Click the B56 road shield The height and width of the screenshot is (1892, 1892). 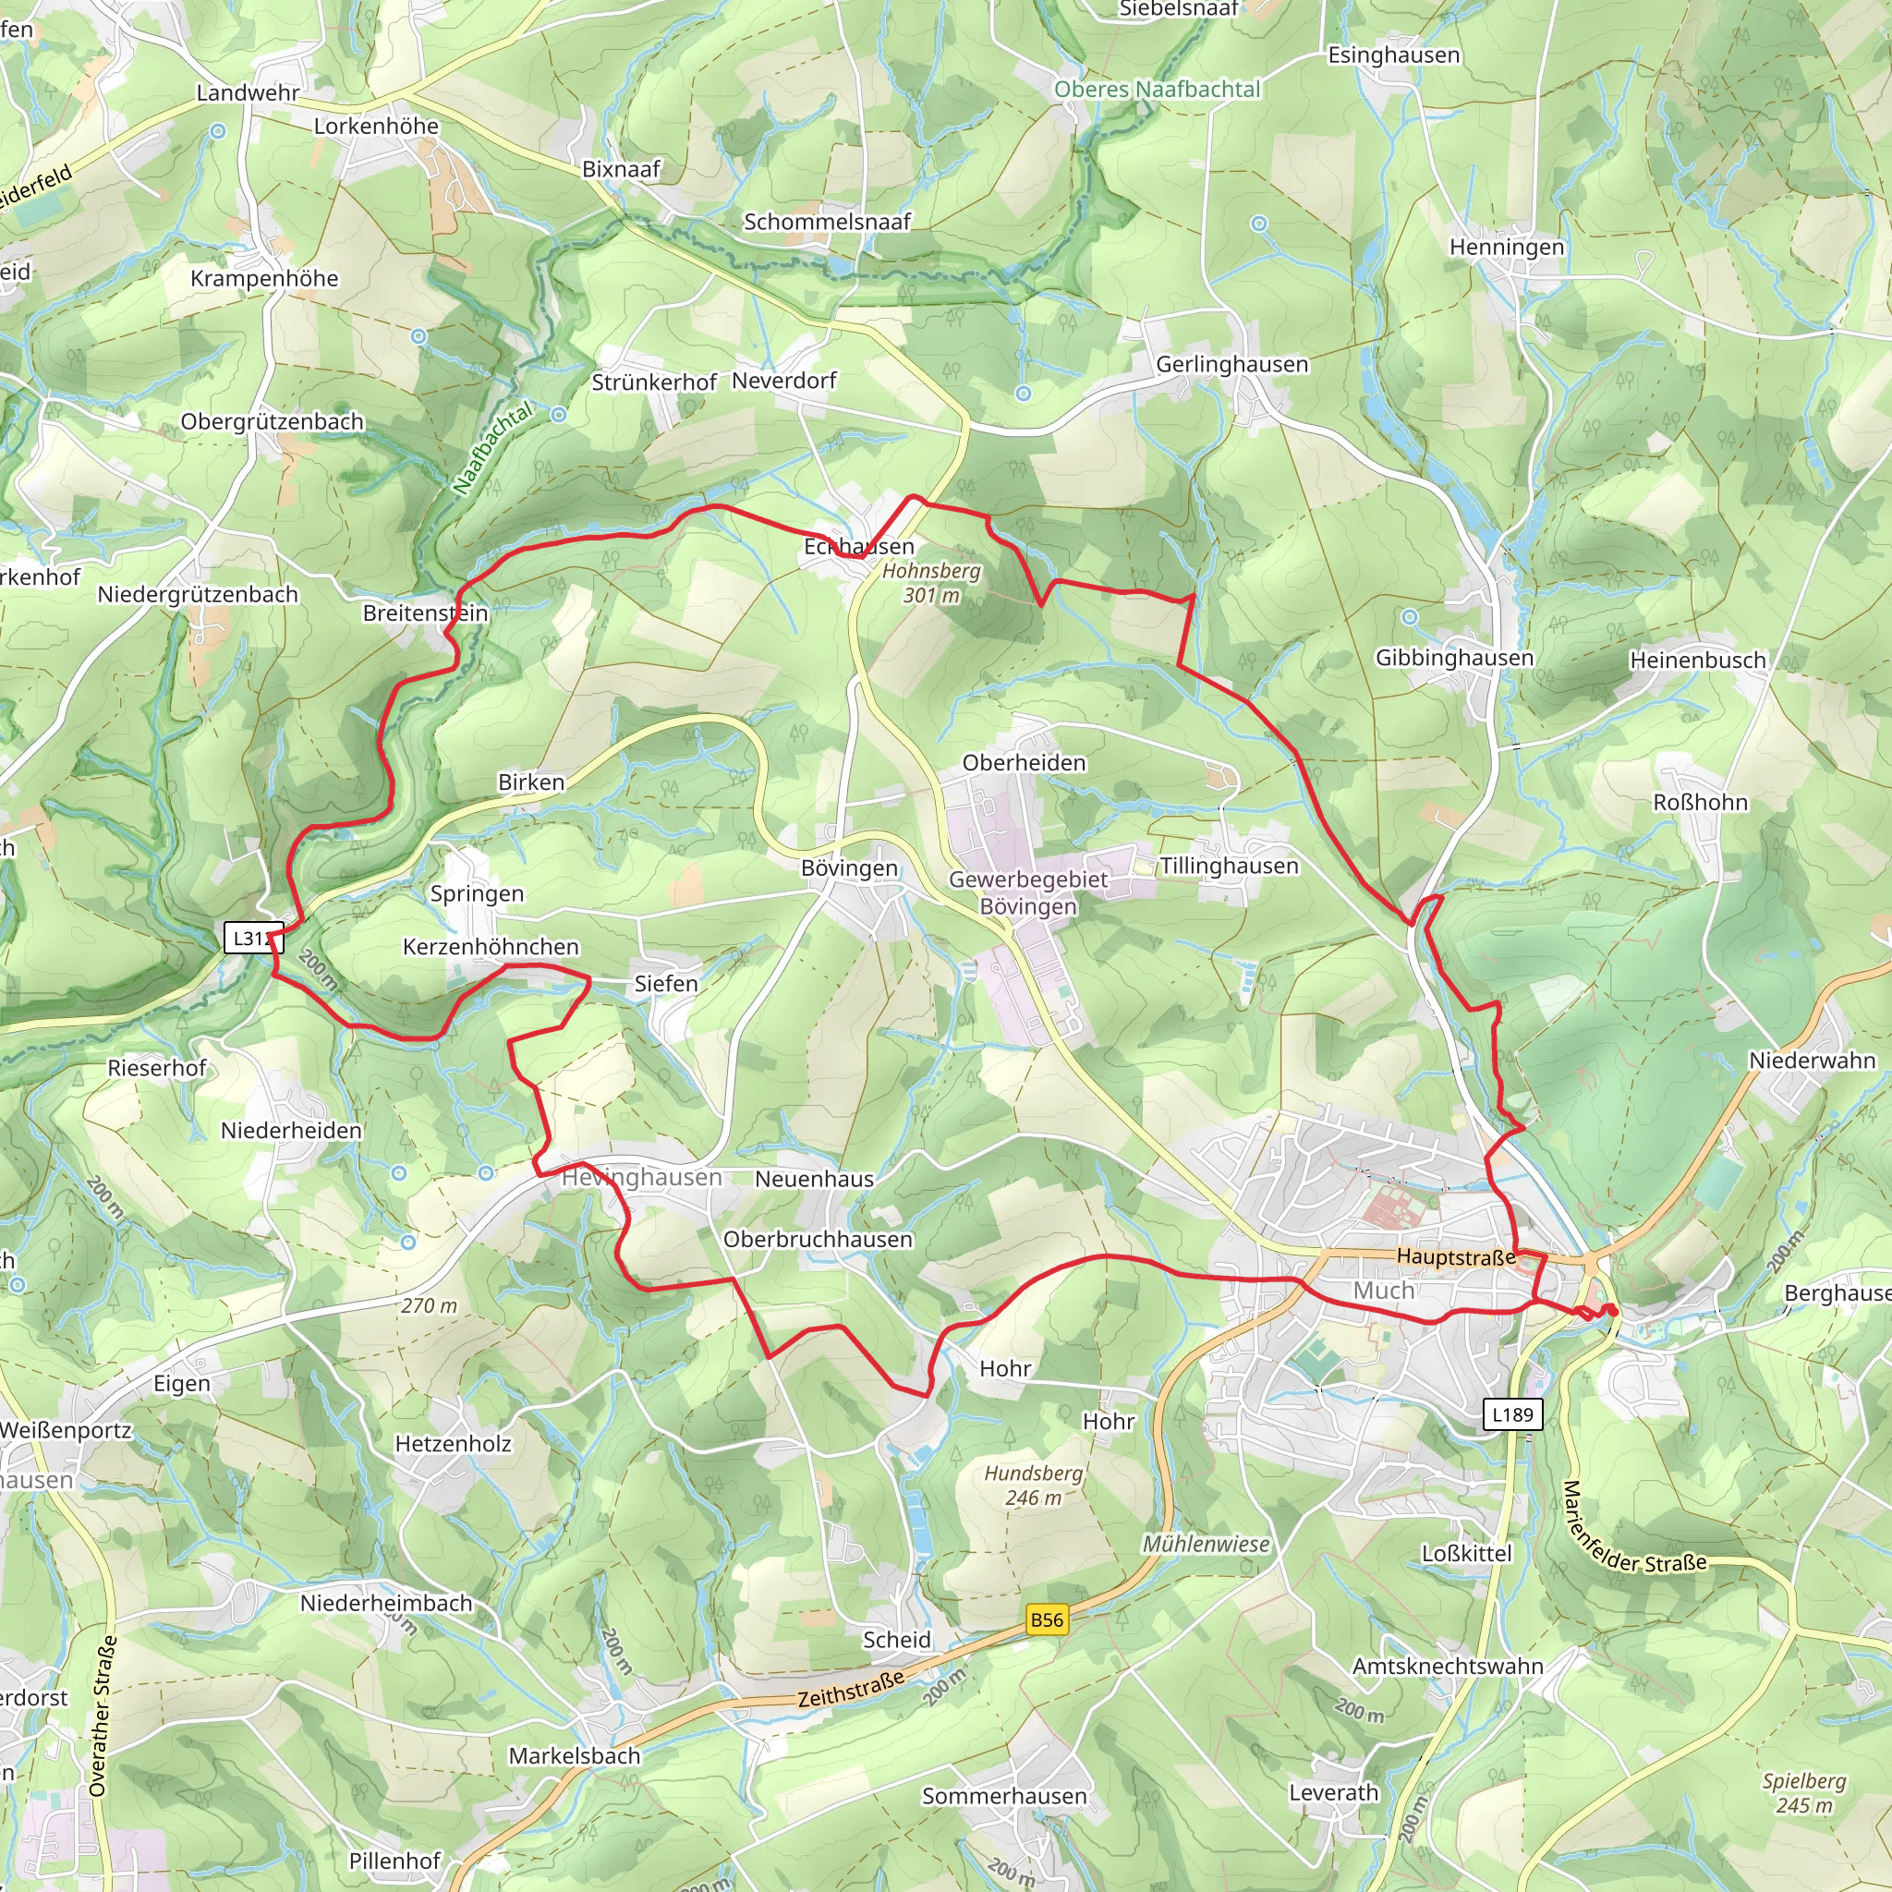point(1046,1619)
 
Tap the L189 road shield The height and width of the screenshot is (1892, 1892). point(1512,1415)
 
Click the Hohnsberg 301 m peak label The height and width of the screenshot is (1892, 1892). point(931,583)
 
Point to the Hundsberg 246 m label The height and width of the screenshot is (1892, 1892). point(1033,1486)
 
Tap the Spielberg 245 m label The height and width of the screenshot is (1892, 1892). point(1804,1794)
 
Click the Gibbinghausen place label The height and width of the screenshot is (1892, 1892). point(1454,658)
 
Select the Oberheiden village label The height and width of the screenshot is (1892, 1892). point(1025,763)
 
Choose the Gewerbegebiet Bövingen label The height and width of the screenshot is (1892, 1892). point(1028,893)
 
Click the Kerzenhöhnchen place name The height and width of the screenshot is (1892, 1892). point(491,947)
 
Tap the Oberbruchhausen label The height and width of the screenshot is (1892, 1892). point(818,1240)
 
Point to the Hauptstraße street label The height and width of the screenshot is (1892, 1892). point(1455,1256)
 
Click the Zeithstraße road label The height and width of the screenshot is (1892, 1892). point(850,1690)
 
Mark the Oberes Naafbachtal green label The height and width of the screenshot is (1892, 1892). point(1157,89)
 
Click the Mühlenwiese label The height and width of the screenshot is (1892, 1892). point(1207,1545)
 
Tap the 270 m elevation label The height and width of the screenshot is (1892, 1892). point(429,1305)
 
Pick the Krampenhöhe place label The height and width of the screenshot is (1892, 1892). point(264,279)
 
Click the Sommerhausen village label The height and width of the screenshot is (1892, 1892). point(1004,1796)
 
